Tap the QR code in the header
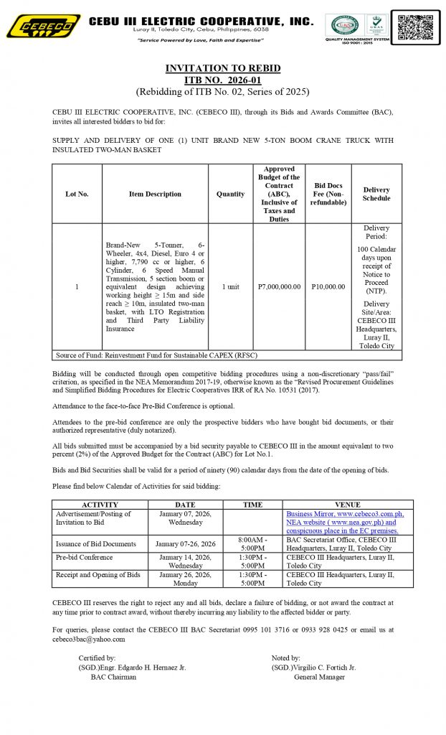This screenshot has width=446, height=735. click(418, 27)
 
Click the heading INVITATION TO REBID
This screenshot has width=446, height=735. click(223, 68)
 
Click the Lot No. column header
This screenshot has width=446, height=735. click(77, 194)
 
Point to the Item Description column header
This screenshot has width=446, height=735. click(155, 194)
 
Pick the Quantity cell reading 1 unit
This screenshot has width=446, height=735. click(230, 286)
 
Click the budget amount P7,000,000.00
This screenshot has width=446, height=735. click(279, 286)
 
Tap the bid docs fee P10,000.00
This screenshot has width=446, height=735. click(328, 286)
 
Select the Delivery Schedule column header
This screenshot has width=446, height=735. click(376, 194)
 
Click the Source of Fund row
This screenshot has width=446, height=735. click(156, 355)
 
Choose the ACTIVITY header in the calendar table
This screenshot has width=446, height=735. click(100, 505)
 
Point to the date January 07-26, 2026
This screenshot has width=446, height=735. click(184, 544)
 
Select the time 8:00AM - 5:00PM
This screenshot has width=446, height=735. click(252, 543)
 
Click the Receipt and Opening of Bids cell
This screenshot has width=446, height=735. click(98, 575)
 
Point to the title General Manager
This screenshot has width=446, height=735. click(319, 677)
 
